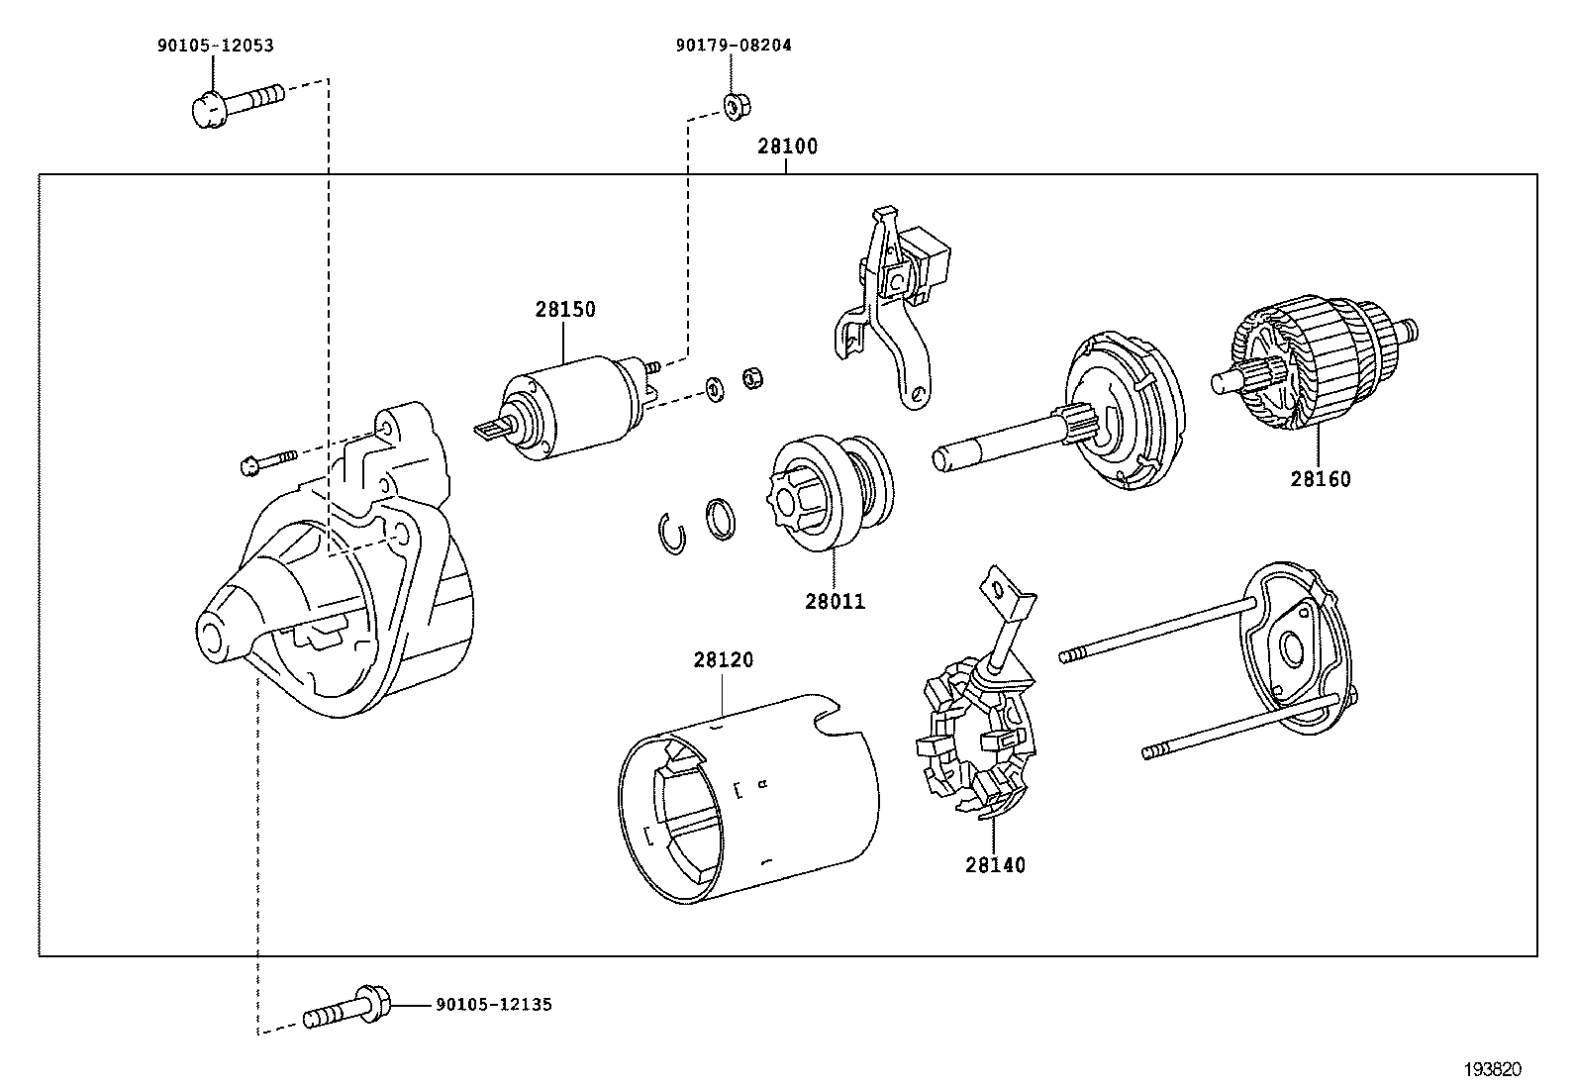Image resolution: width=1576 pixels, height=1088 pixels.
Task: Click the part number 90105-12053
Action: [214, 46]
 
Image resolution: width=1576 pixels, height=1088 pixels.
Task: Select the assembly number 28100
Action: [788, 147]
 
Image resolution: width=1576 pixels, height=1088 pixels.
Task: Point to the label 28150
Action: [565, 309]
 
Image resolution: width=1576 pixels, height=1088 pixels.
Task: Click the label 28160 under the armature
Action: [1320, 479]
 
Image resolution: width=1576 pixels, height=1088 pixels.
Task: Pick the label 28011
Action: [835, 601]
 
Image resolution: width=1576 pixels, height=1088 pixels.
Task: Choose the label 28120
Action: [723, 659]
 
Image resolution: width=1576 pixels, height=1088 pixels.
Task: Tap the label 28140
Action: [995, 865]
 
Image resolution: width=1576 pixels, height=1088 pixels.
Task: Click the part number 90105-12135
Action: [493, 1005]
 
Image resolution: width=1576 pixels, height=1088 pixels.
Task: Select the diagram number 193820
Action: [1493, 1069]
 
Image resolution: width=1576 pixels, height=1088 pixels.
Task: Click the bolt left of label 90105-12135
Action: [345, 1007]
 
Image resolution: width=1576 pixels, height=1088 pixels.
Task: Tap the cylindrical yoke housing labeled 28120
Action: [752, 802]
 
